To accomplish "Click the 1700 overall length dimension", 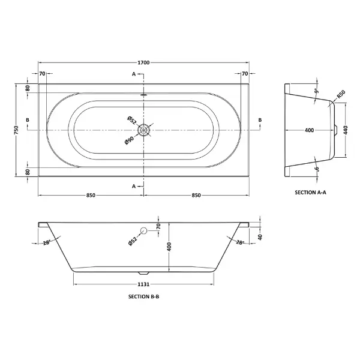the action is point(143,62).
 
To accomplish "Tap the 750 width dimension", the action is point(16,130).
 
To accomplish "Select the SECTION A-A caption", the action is point(310,193).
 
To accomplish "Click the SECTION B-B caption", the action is point(144,296).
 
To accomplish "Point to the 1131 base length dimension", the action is point(143,284).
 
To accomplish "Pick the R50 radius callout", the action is point(341,94).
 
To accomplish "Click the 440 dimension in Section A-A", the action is point(346,130).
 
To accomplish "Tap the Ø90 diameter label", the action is point(129,140).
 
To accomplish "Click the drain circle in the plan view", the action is point(144,130).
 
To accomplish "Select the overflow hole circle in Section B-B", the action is point(144,230).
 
